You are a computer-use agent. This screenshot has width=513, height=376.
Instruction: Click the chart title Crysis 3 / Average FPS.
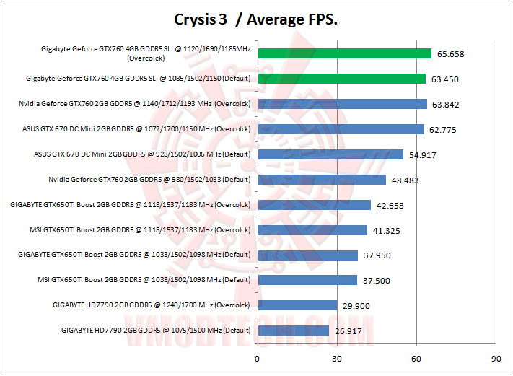256,19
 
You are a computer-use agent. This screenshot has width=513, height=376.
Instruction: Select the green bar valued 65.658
344,53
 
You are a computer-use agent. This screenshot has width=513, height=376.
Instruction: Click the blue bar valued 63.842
342,104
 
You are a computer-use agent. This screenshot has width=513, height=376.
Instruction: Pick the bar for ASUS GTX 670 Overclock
341,129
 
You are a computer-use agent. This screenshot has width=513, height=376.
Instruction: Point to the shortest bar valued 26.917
293,331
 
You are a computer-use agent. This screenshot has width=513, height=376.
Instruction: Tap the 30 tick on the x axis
336,357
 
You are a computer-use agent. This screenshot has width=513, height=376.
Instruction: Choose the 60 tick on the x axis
416,357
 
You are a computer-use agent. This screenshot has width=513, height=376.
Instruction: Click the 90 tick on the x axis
495,357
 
